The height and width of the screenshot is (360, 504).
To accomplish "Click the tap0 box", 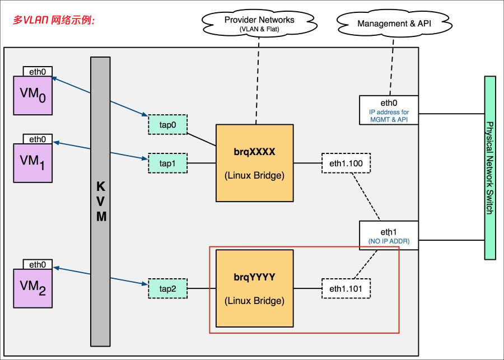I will click(x=167, y=125).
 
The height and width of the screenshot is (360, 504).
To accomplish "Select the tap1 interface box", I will click(x=167, y=163).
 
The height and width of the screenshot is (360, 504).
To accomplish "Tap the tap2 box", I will click(x=167, y=288).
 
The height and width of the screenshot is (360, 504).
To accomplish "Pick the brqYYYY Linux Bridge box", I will click(x=255, y=288).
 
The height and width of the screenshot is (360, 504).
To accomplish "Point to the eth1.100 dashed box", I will click(x=346, y=163).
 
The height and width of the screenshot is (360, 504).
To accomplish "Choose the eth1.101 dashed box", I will click(x=346, y=288).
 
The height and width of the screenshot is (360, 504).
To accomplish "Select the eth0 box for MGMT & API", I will click(x=389, y=109).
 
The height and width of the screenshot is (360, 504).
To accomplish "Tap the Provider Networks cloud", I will click(x=259, y=23).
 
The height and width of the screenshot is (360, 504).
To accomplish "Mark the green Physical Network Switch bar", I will click(x=491, y=167).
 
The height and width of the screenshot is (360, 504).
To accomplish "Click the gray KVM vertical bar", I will click(x=101, y=201).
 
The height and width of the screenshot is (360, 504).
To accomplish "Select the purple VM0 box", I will click(x=32, y=96).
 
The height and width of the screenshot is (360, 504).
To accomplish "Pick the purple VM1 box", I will click(x=32, y=162).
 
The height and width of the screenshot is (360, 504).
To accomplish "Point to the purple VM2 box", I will click(x=32, y=288).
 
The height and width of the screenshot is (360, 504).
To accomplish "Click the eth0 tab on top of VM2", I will click(x=38, y=264).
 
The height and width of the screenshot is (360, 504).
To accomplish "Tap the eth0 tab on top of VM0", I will click(x=38, y=71).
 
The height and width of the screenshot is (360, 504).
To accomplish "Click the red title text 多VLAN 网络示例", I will click(x=54, y=20).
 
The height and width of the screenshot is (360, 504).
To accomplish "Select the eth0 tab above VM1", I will click(x=38, y=139).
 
